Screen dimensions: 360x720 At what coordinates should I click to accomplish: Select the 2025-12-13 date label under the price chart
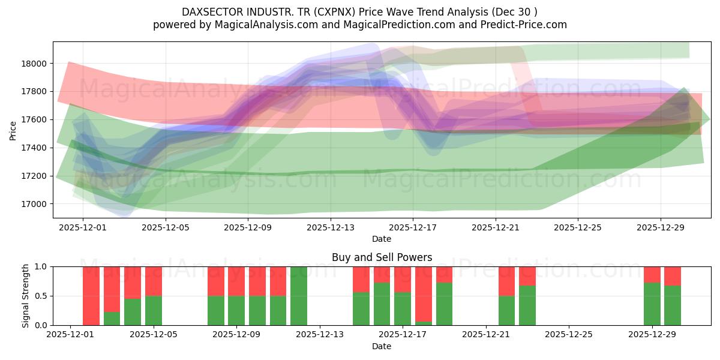tap(331, 227)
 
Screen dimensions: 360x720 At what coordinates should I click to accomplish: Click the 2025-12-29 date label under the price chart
tap(661, 227)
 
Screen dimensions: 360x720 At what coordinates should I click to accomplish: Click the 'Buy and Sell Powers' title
tap(382, 257)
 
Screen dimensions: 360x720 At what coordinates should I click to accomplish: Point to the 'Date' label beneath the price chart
tap(382, 239)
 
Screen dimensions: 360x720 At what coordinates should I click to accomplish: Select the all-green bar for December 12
tap(299, 296)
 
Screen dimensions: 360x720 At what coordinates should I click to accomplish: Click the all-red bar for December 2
tap(91, 296)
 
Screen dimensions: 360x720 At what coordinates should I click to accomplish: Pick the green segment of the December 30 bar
tap(673, 305)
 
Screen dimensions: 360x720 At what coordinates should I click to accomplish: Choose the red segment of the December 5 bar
tap(154, 281)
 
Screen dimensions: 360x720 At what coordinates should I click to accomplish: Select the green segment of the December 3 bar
tap(112, 319)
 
